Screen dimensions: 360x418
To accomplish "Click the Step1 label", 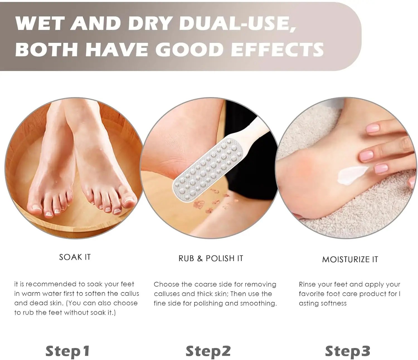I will click(67, 351).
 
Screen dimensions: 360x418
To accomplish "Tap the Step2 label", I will click(208, 351).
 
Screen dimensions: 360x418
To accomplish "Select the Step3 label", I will click(347, 351).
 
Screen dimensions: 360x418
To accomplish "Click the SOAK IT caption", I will click(75, 257).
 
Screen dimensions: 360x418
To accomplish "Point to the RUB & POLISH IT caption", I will click(211, 258).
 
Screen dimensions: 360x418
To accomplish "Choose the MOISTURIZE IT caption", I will click(350, 260).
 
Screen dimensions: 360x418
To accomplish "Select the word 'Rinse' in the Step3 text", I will click(308, 284).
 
